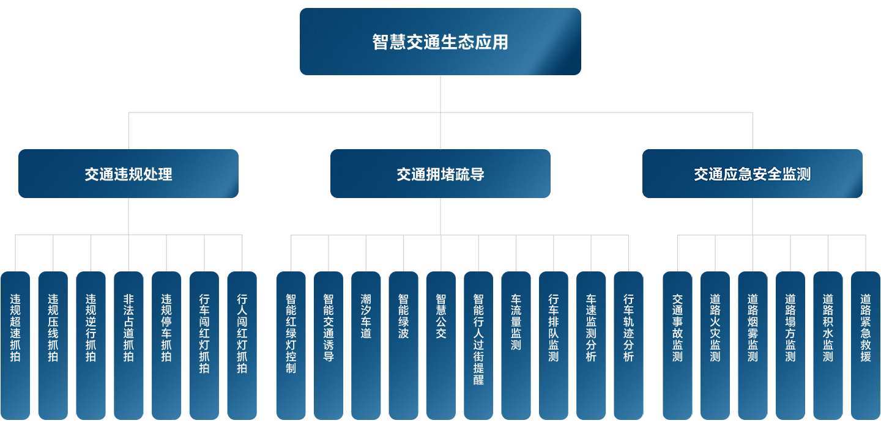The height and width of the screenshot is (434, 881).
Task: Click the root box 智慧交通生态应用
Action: pos(440,42)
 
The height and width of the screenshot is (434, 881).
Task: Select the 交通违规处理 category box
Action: pos(128,174)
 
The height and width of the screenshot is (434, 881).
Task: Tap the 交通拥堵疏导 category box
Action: pos(440,174)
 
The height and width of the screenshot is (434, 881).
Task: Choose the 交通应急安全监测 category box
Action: pos(752,174)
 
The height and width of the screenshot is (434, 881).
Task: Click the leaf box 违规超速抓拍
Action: pos(15,345)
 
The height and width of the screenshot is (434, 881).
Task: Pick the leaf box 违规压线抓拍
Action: pos(53,345)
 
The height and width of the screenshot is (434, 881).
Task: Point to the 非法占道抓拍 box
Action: pos(128,345)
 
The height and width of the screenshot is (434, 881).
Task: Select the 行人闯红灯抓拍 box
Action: pos(242,345)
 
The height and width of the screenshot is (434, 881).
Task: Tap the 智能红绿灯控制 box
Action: pos(291,345)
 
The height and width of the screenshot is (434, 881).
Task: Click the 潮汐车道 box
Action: pos(366,345)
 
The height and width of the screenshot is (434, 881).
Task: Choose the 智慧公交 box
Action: pos(441,345)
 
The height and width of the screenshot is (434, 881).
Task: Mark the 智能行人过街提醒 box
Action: pos(478,345)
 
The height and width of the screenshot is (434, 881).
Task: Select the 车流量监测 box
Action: pos(516,345)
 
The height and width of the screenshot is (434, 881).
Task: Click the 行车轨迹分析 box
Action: pos(628,345)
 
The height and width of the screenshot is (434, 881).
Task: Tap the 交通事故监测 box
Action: pos(677,345)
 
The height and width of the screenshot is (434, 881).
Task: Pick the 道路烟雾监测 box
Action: pos(753,345)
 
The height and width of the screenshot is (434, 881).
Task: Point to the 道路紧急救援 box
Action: pos(866,345)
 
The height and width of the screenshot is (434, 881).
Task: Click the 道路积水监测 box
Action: pos(828,345)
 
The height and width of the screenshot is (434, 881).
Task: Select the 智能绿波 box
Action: pos(403,345)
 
